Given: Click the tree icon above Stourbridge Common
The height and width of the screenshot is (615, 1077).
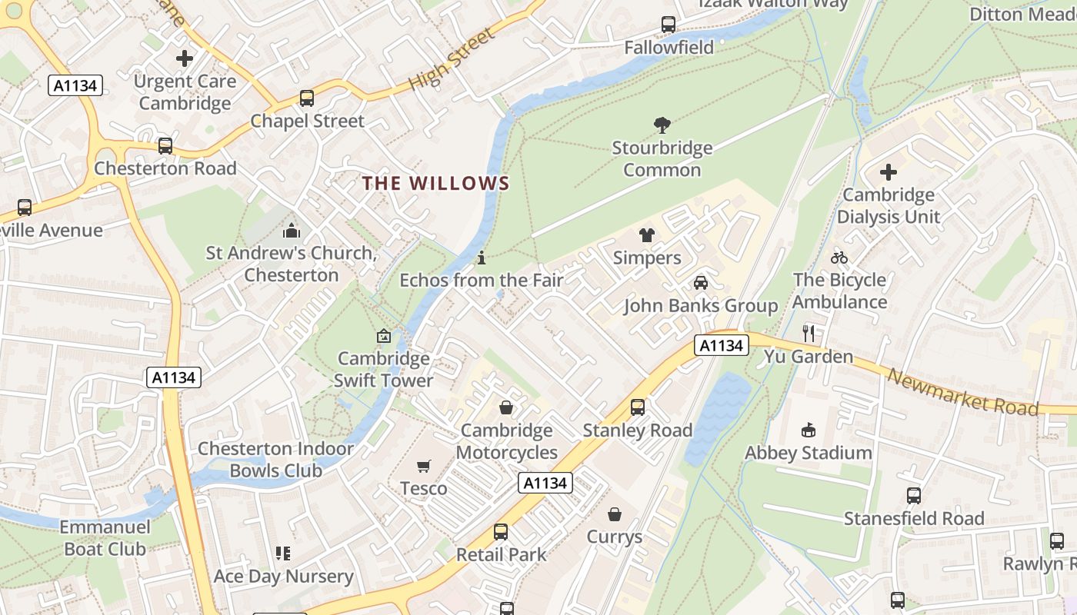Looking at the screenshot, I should coord(662,125).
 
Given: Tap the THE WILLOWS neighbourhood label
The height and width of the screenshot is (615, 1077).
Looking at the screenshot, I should coord(435,183).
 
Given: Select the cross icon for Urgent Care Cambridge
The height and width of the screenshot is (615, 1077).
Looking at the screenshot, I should coord(185,58).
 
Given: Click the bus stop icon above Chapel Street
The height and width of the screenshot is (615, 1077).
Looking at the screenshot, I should coord(307,98).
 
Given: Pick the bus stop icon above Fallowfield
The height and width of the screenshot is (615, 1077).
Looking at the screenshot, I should coord(669,25).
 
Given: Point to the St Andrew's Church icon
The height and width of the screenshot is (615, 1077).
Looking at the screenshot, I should coord(292,231).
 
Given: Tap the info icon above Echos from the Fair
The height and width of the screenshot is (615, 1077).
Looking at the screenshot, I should coord(482,258).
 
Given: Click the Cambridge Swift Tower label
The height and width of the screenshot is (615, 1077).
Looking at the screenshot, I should coord(383,369).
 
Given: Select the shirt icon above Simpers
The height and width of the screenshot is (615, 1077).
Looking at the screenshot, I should coord(646,235).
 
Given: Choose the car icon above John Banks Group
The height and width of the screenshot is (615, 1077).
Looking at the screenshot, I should coord(701,283).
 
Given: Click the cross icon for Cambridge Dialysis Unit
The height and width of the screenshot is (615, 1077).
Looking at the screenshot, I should coord(889,172).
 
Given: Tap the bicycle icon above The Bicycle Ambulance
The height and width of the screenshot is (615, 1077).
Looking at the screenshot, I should coord(839,258).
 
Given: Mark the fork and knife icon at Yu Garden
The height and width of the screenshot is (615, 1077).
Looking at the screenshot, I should coord(809,333).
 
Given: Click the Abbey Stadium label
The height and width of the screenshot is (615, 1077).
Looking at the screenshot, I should coord(809,453).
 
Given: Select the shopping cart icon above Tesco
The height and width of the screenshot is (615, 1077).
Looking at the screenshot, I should coord(423,466).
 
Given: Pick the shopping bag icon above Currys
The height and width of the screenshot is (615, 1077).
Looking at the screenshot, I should coord(615,514).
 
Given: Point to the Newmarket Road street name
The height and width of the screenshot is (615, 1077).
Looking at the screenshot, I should coord(962,391).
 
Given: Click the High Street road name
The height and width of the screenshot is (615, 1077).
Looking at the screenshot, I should coord(452,60).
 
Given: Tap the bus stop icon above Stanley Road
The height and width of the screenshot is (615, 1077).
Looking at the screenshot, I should coord(638,407).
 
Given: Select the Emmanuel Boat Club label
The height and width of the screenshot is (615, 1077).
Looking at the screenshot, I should coord(105,538).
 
